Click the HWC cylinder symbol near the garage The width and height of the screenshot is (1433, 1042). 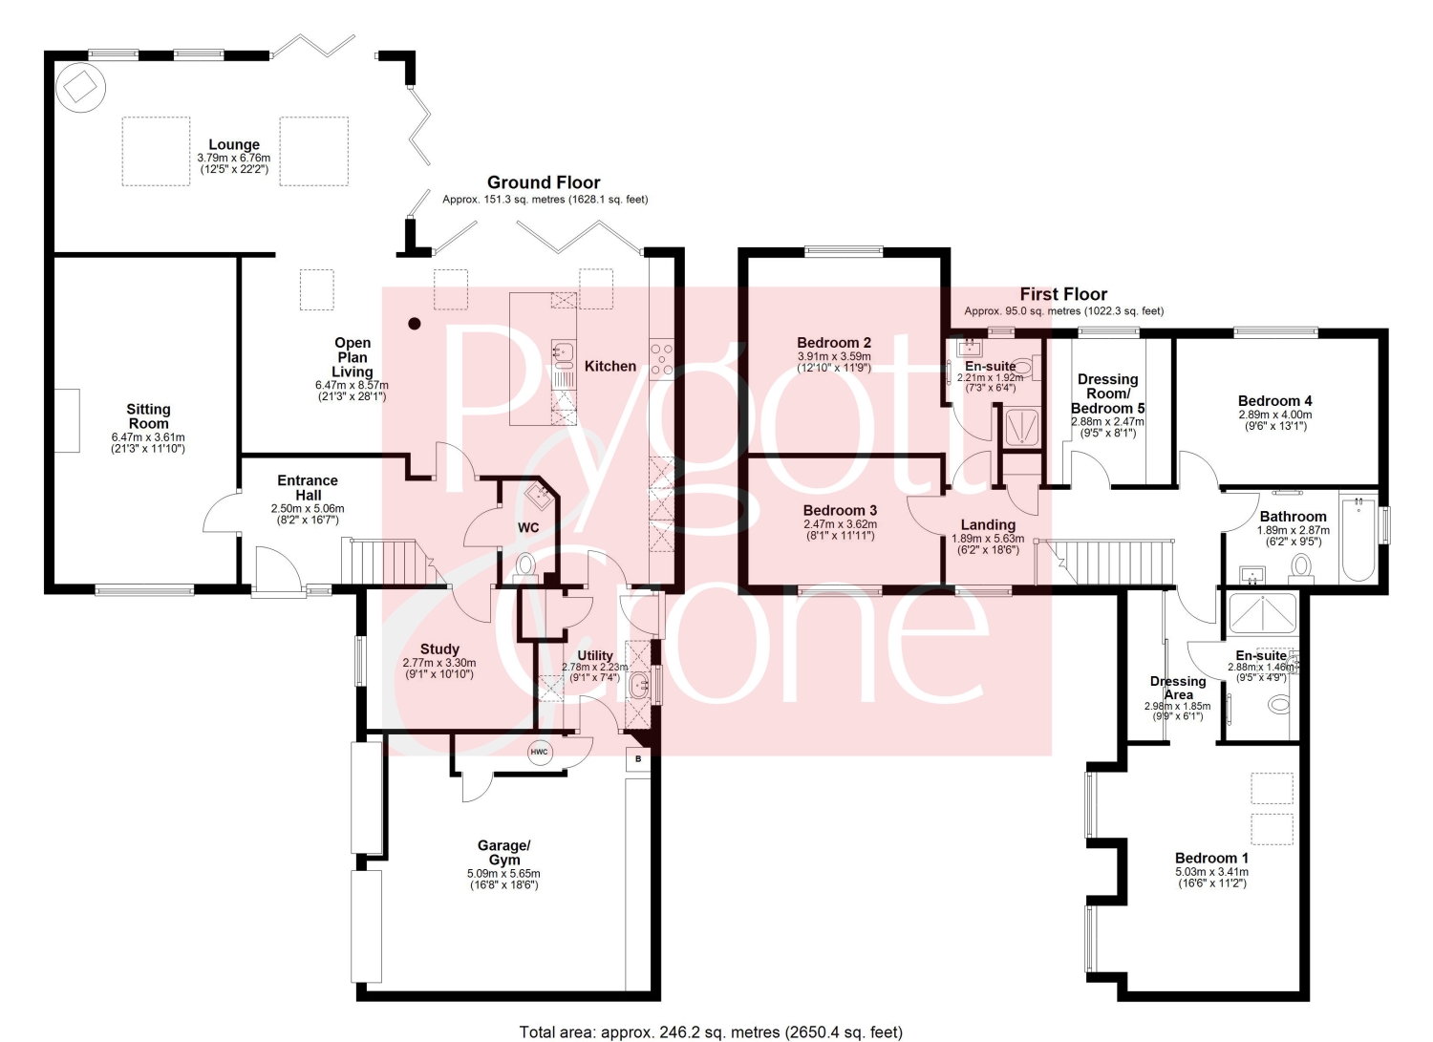click(x=540, y=753)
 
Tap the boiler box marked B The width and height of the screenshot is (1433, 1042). click(x=638, y=759)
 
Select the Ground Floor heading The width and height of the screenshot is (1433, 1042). click(x=544, y=183)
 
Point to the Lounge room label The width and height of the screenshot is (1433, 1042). click(x=234, y=144)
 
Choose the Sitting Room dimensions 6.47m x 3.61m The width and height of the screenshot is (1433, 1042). click(x=148, y=437)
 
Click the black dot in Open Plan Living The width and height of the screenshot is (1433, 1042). click(x=415, y=324)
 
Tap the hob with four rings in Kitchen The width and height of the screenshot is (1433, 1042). click(x=661, y=359)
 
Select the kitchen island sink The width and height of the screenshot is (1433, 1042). click(x=564, y=351)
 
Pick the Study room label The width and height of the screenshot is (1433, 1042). click(x=440, y=649)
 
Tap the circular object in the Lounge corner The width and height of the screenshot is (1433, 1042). click(x=80, y=88)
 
